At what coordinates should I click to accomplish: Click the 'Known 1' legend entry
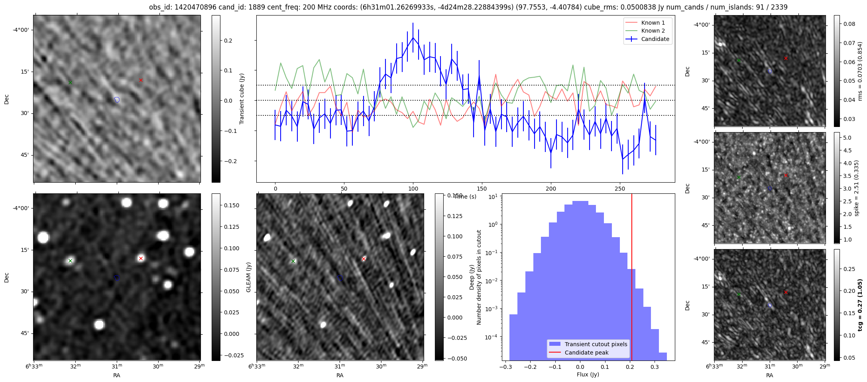[x=653, y=23]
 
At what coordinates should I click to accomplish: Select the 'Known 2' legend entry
[x=653, y=31]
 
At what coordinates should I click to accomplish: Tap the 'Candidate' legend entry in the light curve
[x=655, y=39]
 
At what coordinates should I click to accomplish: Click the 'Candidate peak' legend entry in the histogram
[x=586, y=353]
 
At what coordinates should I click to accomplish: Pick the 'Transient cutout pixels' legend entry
[x=596, y=344]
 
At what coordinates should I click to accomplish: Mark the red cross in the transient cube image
[x=141, y=80]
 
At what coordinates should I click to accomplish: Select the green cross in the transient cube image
[x=71, y=82]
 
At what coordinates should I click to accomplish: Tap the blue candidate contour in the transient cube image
[x=117, y=99]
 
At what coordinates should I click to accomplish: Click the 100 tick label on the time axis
[x=413, y=189]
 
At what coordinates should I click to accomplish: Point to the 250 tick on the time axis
[x=620, y=189]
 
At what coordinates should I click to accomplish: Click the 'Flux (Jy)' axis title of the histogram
[x=588, y=374]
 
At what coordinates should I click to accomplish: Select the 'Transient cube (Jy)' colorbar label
[x=242, y=99]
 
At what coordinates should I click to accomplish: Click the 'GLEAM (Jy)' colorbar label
[x=248, y=277]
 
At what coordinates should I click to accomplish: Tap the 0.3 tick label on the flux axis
[x=655, y=367]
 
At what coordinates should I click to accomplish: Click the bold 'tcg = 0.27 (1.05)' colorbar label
[x=860, y=305]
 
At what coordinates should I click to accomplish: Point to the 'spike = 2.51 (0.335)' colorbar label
[x=856, y=188]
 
